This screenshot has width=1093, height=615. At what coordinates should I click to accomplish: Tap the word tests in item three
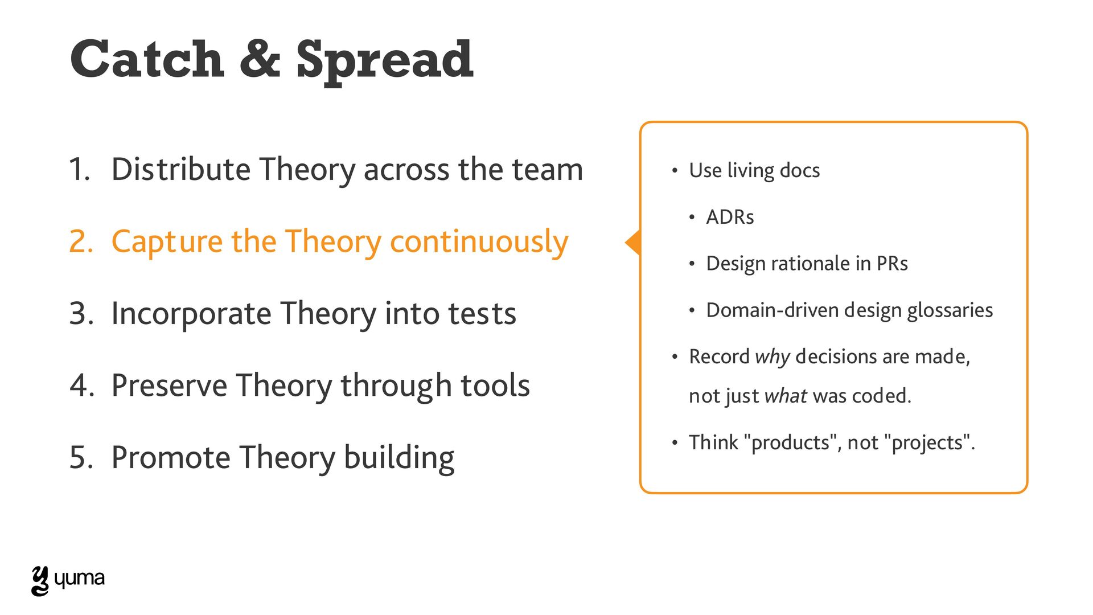tap(482, 314)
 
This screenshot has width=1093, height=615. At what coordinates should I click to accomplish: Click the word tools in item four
tap(495, 386)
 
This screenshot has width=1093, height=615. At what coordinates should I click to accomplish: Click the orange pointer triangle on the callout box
tap(633, 243)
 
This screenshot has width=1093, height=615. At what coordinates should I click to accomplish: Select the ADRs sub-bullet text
tap(730, 217)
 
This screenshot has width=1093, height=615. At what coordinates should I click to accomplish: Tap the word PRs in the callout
tap(892, 264)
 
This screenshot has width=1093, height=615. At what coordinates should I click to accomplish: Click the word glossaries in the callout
tap(950, 311)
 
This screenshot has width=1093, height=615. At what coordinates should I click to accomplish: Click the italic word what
tap(786, 396)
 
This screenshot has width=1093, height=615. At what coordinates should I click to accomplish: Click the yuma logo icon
tap(40, 581)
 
